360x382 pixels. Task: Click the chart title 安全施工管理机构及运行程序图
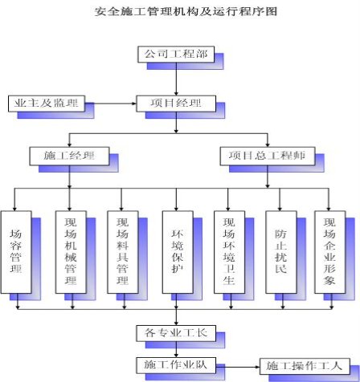(186, 12)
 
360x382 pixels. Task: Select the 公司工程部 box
(176, 55)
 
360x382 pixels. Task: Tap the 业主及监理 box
(47, 104)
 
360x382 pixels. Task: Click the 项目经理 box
(176, 104)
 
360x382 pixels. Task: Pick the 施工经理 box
(69, 156)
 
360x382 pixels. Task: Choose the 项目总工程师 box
(268, 156)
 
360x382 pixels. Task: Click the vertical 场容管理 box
(16, 252)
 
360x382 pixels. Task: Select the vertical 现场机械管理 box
(71, 252)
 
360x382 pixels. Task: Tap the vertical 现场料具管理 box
(123, 252)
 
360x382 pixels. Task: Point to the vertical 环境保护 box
(178, 252)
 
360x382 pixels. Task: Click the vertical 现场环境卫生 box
(230, 252)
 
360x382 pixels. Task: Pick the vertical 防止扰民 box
(281, 252)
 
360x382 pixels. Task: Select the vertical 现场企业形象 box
(330, 252)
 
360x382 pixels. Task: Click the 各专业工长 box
(176, 333)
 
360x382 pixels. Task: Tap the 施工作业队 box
(176, 365)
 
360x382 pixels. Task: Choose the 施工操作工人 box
(305, 366)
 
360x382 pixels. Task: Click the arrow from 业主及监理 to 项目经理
(111, 104)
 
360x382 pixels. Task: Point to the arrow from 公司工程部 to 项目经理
(176, 79)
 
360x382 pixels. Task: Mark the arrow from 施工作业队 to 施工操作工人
(238, 367)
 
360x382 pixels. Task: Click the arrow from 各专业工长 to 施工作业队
(176, 349)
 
